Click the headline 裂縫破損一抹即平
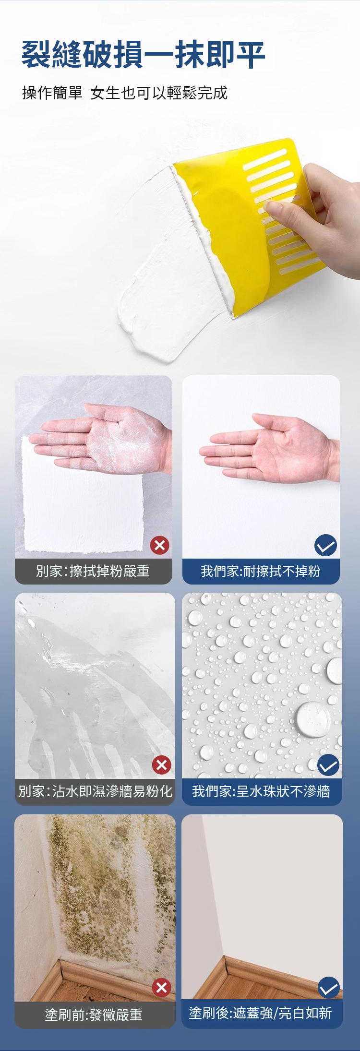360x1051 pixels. (143, 55)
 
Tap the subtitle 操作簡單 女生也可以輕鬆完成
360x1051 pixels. (125, 93)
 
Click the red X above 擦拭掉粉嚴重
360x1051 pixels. (160, 545)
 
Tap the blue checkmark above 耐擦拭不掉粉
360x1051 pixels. (325, 545)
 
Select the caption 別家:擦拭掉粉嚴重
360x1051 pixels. (93, 571)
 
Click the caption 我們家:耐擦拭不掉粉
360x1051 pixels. (261, 571)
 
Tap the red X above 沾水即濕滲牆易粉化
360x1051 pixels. (162, 765)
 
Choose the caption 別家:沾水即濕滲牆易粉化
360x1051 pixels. (95, 791)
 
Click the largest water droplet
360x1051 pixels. (313, 719)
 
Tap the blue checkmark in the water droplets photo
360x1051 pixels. (328, 765)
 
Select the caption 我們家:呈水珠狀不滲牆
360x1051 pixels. (261, 791)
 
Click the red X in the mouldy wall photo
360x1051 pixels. (162, 987)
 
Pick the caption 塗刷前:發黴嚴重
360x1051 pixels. (94, 1015)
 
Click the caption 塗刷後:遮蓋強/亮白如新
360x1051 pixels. (261, 1013)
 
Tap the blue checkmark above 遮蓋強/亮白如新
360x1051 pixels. (329, 988)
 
